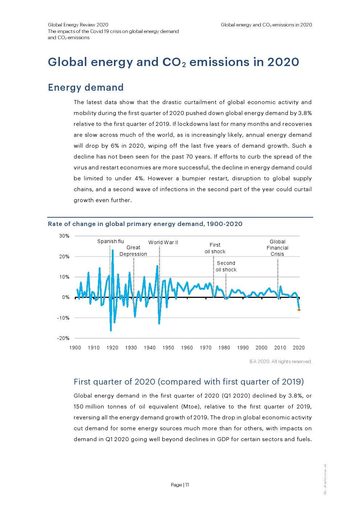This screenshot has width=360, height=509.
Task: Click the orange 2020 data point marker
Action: [x=299, y=310]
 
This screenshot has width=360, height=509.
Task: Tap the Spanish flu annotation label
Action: [x=110, y=241]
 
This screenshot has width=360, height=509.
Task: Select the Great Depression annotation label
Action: [x=133, y=251]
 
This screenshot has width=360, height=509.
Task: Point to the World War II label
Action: [x=163, y=242]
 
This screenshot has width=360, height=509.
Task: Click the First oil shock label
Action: [x=215, y=248]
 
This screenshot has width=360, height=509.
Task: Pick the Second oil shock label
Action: [x=226, y=266]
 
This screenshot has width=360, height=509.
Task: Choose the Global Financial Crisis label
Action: [x=277, y=248]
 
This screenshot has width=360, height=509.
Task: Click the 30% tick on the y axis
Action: [x=64, y=236]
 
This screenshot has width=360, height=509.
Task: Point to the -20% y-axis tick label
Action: [x=63, y=338]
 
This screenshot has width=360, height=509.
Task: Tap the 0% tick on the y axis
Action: [x=66, y=297]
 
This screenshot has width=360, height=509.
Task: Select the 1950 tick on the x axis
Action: [x=168, y=348]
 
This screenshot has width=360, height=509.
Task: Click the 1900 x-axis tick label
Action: [x=75, y=348]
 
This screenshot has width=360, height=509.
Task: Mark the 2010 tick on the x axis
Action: [x=280, y=348]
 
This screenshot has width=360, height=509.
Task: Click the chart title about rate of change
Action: [x=145, y=224]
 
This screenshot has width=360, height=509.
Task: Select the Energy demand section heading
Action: [x=86, y=87]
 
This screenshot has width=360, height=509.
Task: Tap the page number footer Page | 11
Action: [x=180, y=485]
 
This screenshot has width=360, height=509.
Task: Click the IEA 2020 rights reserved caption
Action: [x=281, y=361]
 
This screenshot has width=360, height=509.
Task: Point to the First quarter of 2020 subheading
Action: [x=189, y=382]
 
